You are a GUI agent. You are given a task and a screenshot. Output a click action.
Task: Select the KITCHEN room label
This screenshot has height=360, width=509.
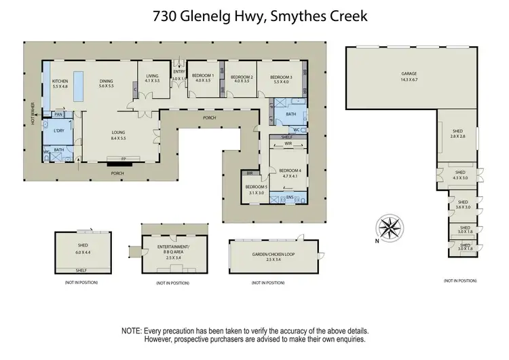[60, 81]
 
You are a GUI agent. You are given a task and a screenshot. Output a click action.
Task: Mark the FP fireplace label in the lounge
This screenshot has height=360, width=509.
[124, 160]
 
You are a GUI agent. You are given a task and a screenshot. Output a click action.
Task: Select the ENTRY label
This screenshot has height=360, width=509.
[179, 71]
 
